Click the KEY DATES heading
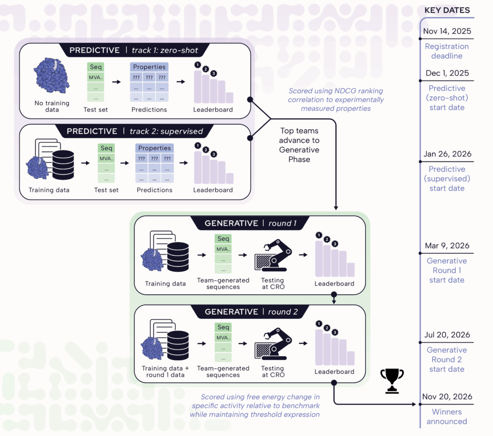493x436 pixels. pyautogui.click(x=447, y=10)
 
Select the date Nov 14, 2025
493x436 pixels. pyautogui.click(x=447, y=32)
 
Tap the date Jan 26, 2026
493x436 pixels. pyautogui.click(x=447, y=154)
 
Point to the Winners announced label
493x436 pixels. pyautogui.click(x=447, y=417)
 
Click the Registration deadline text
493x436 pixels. pyautogui.click(x=447, y=51)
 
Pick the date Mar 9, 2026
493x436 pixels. pyautogui.click(x=447, y=246)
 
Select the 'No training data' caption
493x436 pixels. pyautogui.click(x=52, y=106)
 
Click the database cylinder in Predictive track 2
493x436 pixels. pyautogui.click(x=63, y=165)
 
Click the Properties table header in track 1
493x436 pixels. pyautogui.click(x=149, y=67)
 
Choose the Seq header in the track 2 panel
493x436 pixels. pyautogui.click(x=106, y=148)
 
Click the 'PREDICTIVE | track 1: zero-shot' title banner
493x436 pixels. pyautogui.click(x=133, y=51)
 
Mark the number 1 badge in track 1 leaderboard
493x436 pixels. pyautogui.click(x=197, y=65)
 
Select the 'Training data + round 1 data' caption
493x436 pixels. pyautogui.click(x=165, y=371)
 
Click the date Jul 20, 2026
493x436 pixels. pyautogui.click(x=447, y=335)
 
